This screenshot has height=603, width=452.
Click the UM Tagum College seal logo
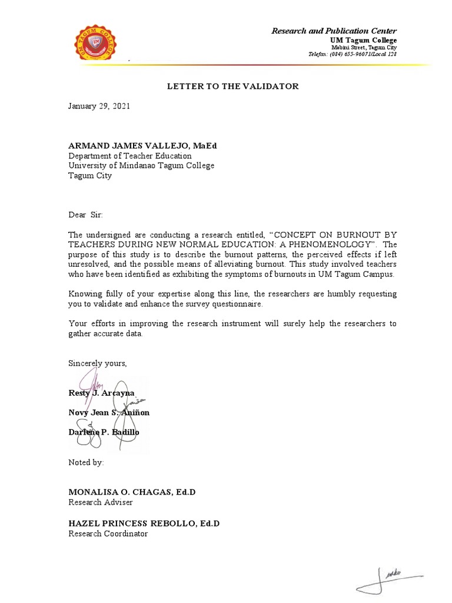point(99,42)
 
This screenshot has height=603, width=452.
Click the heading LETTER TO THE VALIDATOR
point(233,87)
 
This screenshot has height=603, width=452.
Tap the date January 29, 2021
point(99,107)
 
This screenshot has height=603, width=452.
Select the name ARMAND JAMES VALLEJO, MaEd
point(138,145)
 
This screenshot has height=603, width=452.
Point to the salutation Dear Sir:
point(86,216)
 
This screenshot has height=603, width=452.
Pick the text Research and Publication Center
point(334,31)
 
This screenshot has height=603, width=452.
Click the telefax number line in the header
point(353,54)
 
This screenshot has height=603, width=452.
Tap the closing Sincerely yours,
point(98,363)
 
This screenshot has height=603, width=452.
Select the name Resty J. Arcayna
point(102,393)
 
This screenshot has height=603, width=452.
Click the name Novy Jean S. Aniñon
point(109,412)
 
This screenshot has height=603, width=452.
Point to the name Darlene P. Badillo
point(104,432)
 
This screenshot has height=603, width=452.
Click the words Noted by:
point(87,463)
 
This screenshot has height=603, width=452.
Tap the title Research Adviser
point(101,502)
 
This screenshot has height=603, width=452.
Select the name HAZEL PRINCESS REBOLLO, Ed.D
point(144,524)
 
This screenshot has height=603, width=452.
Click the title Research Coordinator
point(108,534)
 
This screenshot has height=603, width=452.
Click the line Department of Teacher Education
point(130,156)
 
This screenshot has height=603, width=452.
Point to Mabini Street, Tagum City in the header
point(364,47)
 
